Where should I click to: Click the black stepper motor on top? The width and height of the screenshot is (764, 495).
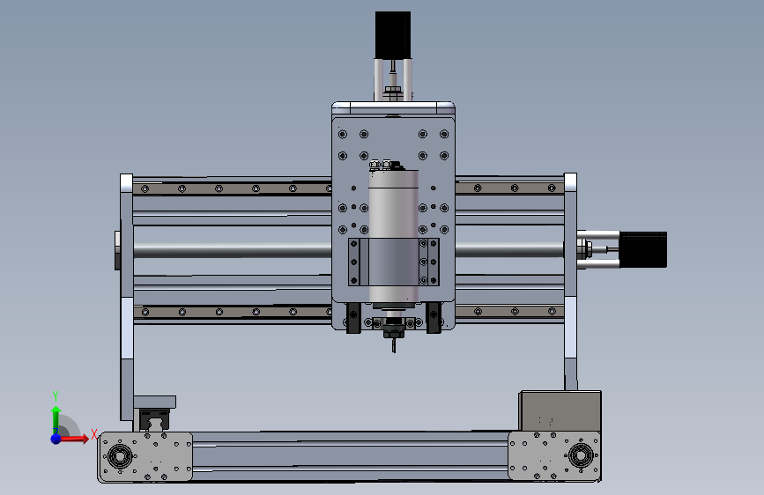pos(393,35)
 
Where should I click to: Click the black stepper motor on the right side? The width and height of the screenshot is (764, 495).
pos(642,249)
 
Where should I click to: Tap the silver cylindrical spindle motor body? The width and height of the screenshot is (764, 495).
pos(394,236)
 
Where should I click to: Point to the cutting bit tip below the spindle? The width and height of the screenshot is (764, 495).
pos(394,351)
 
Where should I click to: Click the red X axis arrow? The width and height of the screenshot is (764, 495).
pos(74,439)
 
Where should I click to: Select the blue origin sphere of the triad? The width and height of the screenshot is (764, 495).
pos(56,439)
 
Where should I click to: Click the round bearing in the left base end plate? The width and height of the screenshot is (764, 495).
pos(119,456)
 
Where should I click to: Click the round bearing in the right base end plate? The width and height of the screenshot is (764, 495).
pos(581,456)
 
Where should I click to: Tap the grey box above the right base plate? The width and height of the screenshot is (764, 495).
pos(560,411)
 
